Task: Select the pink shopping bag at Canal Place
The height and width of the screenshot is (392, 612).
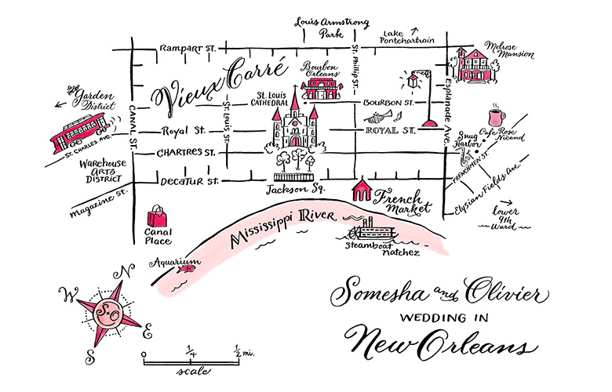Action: click(x=158, y=216)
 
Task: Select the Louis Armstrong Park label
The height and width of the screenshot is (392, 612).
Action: click(x=323, y=27)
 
